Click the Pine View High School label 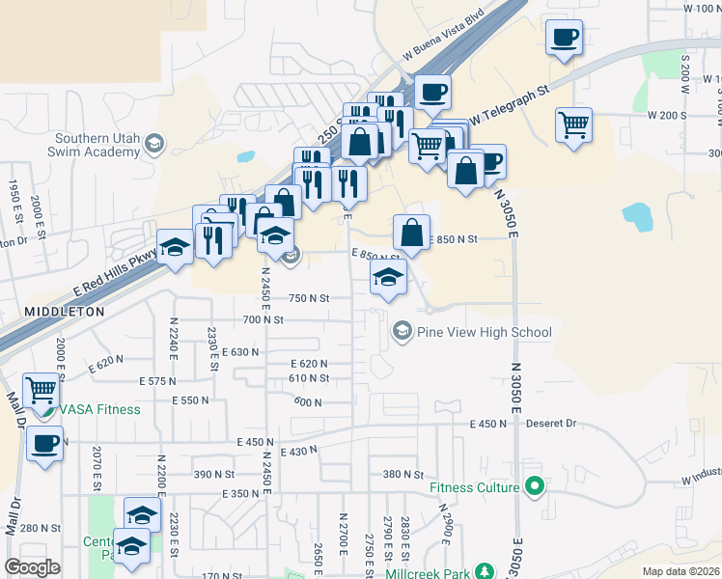tap(484, 333)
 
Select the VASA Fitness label tap(98, 409)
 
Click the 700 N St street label tap(264, 319)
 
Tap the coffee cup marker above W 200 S tap(565, 39)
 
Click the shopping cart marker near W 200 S tap(573, 125)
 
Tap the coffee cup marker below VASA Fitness tap(43, 445)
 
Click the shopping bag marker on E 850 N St tap(411, 233)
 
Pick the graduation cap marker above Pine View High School tap(388, 278)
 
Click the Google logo tap(32, 567)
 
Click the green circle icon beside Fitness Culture tap(532, 487)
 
